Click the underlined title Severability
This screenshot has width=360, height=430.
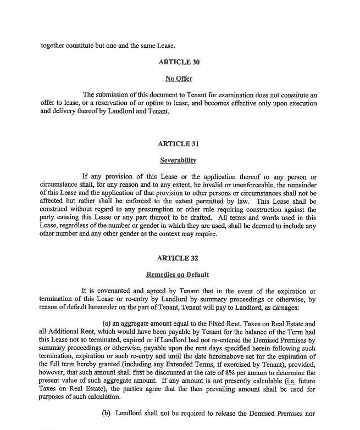178,160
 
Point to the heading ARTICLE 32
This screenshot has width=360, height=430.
178,258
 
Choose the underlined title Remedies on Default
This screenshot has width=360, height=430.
177,275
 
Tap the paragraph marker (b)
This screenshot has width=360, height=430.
107,412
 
